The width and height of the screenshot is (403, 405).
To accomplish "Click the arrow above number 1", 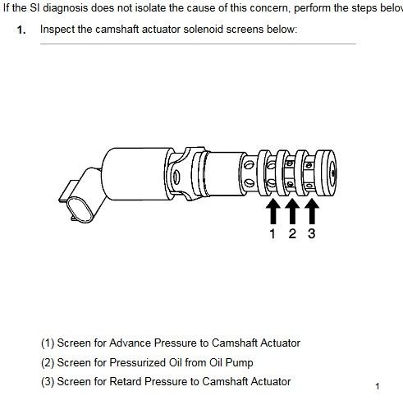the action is pyautogui.click(x=272, y=211).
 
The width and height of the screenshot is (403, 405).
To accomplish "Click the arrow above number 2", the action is pyautogui.click(x=292, y=211).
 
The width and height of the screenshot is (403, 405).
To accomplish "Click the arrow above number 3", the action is pyautogui.click(x=312, y=211).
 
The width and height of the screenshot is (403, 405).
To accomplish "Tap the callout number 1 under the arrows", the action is pyautogui.click(x=272, y=234).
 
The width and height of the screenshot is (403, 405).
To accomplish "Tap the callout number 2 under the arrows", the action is pyautogui.click(x=292, y=234).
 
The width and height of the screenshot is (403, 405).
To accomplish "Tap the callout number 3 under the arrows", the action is pyautogui.click(x=312, y=234).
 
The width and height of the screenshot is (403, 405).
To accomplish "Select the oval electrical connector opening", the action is pyautogui.click(x=80, y=209).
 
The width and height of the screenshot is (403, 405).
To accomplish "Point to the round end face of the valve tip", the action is pyautogui.click(x=332, y=173).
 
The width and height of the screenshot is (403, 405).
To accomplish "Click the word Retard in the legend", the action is pyautogui.click(x=126, y=381).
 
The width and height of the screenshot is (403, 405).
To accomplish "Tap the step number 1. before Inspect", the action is pyautogui.click(x=21, y=30).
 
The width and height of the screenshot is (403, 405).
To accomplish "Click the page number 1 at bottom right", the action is pyautogui.click(x=378, y=386).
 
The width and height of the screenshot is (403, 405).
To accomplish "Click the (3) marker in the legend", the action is pyautogui.click(x=48, y=382).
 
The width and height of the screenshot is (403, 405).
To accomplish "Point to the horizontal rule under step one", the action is pyautogui.click(x=198, y=44).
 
